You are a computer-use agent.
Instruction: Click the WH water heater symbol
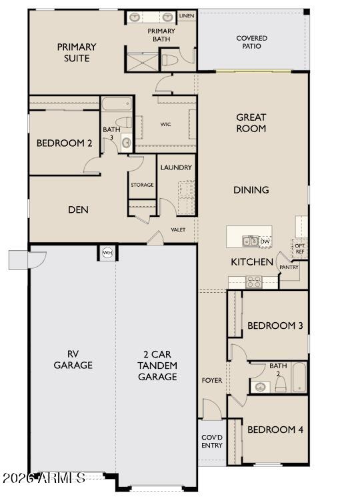coord(107,253)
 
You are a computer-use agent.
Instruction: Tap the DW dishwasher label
coord(265,241)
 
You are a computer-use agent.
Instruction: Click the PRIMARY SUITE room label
coord(77,53)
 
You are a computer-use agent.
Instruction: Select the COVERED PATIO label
coord(252,43)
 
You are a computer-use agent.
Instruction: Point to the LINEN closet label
coord(186,15)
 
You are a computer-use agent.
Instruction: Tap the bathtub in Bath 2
coord(299,378)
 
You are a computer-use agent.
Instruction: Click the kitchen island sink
coord(250,241)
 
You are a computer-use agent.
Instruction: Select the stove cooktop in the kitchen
coord(254,282)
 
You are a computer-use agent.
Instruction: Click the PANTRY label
coord(289,267)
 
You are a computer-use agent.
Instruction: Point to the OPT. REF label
coord(299,248)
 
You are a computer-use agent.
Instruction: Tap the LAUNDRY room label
coord(176,167)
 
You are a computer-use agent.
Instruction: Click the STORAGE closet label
coord(142,185)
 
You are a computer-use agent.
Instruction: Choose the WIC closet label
coord(166,124)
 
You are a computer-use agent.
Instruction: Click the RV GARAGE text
coord(73,360)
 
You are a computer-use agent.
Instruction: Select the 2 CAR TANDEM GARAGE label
coord(157,366)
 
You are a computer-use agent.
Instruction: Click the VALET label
coord(178,230)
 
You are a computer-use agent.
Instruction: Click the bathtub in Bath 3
coord(117,105)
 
